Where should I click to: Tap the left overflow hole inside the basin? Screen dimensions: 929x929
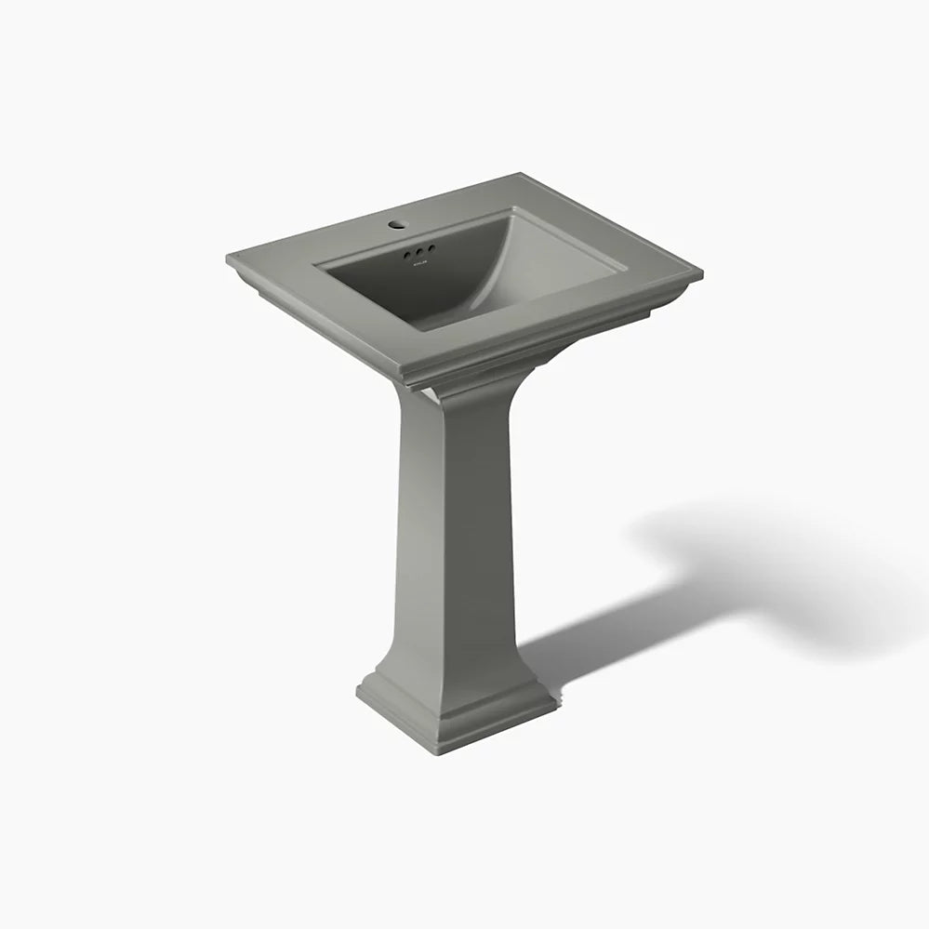point(406,252)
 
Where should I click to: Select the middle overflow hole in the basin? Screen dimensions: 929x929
point(419,251)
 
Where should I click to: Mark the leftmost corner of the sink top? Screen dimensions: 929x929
point(227,258)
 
